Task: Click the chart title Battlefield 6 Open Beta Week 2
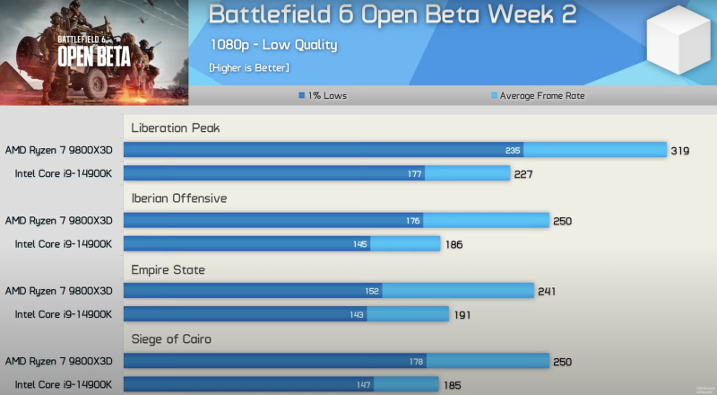tap(393, 15)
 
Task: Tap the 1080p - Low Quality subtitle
tap(274, 44)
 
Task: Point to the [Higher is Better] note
tap(249, 67)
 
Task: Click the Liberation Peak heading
tap(176, 128)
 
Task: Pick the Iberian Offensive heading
tap(179, 198)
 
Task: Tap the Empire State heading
tap(168, 269)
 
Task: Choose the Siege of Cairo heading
tap(172, 339)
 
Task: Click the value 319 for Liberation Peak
tap(680, 150)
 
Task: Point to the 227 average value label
tap(523, 174)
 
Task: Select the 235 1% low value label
tap(513, 150)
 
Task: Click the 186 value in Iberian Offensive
tap(454, 244)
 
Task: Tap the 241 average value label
tap(548, 291)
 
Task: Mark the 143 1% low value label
tap(358, 314)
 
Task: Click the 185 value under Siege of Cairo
tap(453, 384)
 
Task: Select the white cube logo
tap(678, 45)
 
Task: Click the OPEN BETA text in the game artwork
tap(94, 56)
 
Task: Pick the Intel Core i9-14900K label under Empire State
tap(63, 314)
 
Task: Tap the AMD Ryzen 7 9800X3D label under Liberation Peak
tap(59, 150)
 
